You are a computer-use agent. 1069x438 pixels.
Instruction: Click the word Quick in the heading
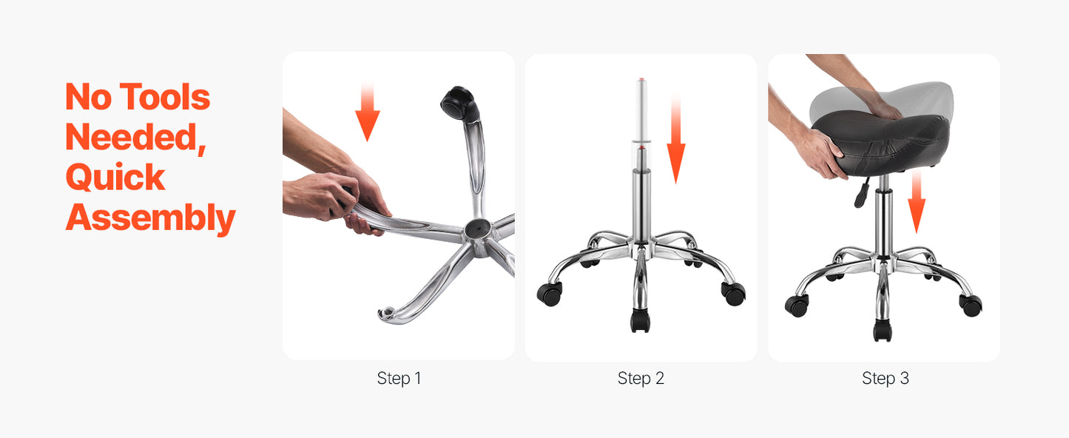(115, 178)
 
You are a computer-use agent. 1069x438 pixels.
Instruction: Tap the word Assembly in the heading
(150, 218)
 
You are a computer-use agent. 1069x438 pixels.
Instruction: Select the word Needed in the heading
(135, 138)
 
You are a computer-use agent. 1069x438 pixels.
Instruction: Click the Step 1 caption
(399, 378)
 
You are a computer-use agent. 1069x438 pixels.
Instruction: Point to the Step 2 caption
(641, 378)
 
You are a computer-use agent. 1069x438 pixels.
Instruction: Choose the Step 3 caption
(886, 378)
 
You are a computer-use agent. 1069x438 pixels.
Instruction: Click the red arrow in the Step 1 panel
(367, 112)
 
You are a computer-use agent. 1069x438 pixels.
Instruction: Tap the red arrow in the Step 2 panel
(675, 138)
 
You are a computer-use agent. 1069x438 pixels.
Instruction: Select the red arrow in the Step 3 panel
(917, 202)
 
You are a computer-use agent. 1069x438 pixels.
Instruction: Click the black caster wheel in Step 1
(460, 104)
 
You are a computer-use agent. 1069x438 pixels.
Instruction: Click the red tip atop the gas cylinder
(642, 79)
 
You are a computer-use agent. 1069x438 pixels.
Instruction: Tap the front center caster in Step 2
(640, 320)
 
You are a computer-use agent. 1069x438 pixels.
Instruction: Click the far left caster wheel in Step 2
(550, 293)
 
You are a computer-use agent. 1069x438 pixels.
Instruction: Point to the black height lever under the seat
(861, 192)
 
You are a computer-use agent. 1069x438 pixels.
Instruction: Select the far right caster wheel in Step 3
(971, 306)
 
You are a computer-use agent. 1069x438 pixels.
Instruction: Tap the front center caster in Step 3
(883, 330)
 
